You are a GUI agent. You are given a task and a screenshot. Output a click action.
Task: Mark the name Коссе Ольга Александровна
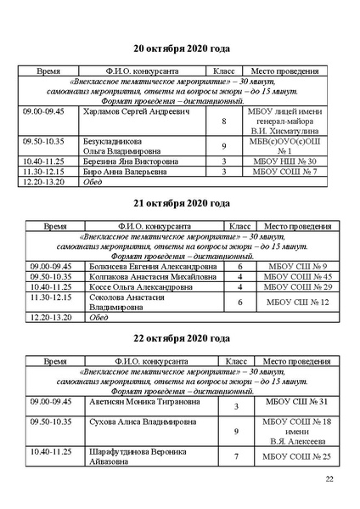point(140,287)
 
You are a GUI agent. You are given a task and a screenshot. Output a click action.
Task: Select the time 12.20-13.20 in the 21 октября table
point(47,317)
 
